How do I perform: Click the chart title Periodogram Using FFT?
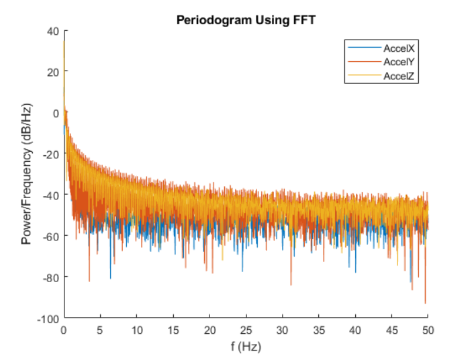(x=246, y=20)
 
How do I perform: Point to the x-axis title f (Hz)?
(x=246, y=347)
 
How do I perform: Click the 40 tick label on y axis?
(x=53, y=30)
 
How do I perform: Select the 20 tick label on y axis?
(x=53, y=71)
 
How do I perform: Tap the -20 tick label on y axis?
(x=51, y=154)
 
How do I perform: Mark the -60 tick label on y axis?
(x=51, y=236)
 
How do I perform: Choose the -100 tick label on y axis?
(x=49, y=318)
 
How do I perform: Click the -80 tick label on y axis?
(x=51, y=277)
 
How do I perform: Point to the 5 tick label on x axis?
(x=100, y=330)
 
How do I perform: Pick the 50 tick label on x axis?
(x=428, y=330)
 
